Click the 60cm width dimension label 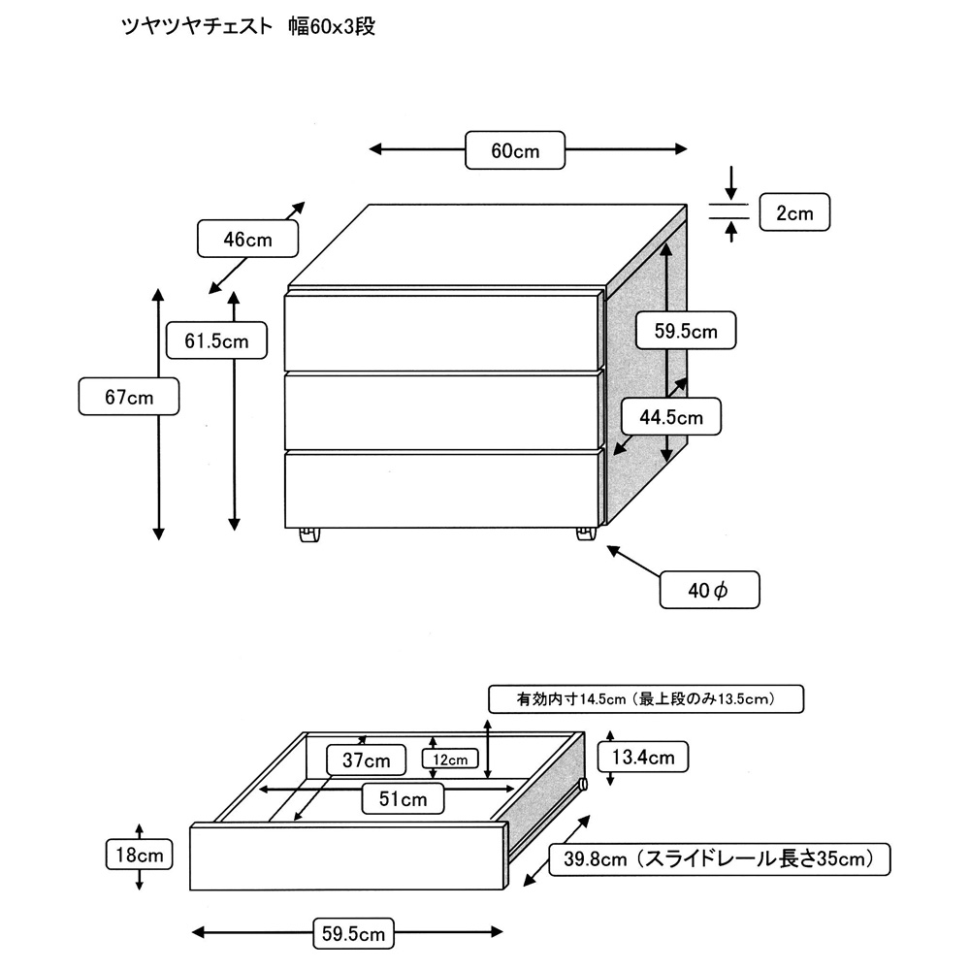(515, 150)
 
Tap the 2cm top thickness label (793, 213)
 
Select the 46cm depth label (247, 240)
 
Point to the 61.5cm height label (215, 340)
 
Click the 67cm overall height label (129, 397)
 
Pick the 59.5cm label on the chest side (685, 331)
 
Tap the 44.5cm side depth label (670, 418)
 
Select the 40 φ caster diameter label (708, 590)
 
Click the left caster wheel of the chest (308, 535)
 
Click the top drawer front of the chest (441, 331)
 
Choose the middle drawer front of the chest (441, 408)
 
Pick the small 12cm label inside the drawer (451, 760)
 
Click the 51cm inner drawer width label (403, 799)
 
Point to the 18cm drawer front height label (140, 855)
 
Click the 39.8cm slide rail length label (719, 858)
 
